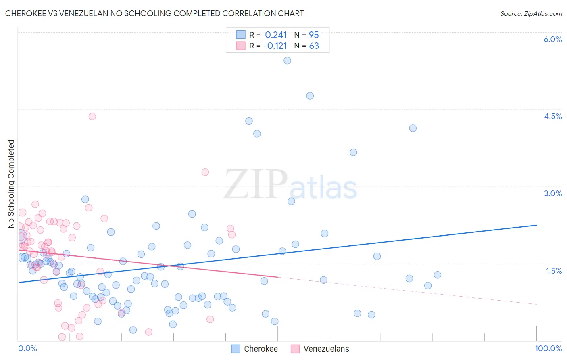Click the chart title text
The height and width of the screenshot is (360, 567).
pos(154,13)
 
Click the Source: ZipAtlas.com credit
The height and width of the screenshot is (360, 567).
pos(531,13)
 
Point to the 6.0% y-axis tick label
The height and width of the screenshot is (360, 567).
pos(552,39)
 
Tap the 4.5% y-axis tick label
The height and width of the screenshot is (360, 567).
pos(552,116)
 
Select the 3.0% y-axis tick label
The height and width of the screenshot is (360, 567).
pos(552,193)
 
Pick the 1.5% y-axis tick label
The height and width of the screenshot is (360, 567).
pos(554,271)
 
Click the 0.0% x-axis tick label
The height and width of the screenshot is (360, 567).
pos(27,348)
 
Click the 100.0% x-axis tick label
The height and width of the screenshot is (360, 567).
pos(548,348)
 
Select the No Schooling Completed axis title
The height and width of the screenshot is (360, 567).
pos(11,184)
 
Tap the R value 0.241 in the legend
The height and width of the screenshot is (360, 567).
pos(276,35)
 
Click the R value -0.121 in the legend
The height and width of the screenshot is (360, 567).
pos(275,46)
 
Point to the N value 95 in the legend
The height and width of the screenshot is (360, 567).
pos(314,35)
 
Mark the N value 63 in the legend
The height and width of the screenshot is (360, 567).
pos(314,46)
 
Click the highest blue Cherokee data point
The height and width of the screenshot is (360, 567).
pos(287,61)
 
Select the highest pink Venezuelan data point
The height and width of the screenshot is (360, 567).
pos(92,116)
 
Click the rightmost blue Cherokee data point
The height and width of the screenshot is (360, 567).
pos(438,275)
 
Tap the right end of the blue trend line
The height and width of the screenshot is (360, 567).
pos(537,225)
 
